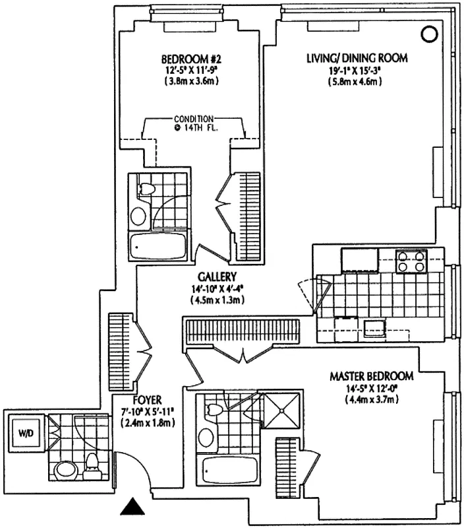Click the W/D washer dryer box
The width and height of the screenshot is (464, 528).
point(25,434)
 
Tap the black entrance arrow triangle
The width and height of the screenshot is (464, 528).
point(134,507)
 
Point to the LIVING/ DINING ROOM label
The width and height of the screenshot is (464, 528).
point(357,58)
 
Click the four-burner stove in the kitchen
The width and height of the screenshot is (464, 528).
point(409,262)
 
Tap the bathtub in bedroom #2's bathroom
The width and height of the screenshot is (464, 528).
point(159,247)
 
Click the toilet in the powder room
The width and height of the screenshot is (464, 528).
point(93,465)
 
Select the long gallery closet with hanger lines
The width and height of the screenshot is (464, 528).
point(241,329)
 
